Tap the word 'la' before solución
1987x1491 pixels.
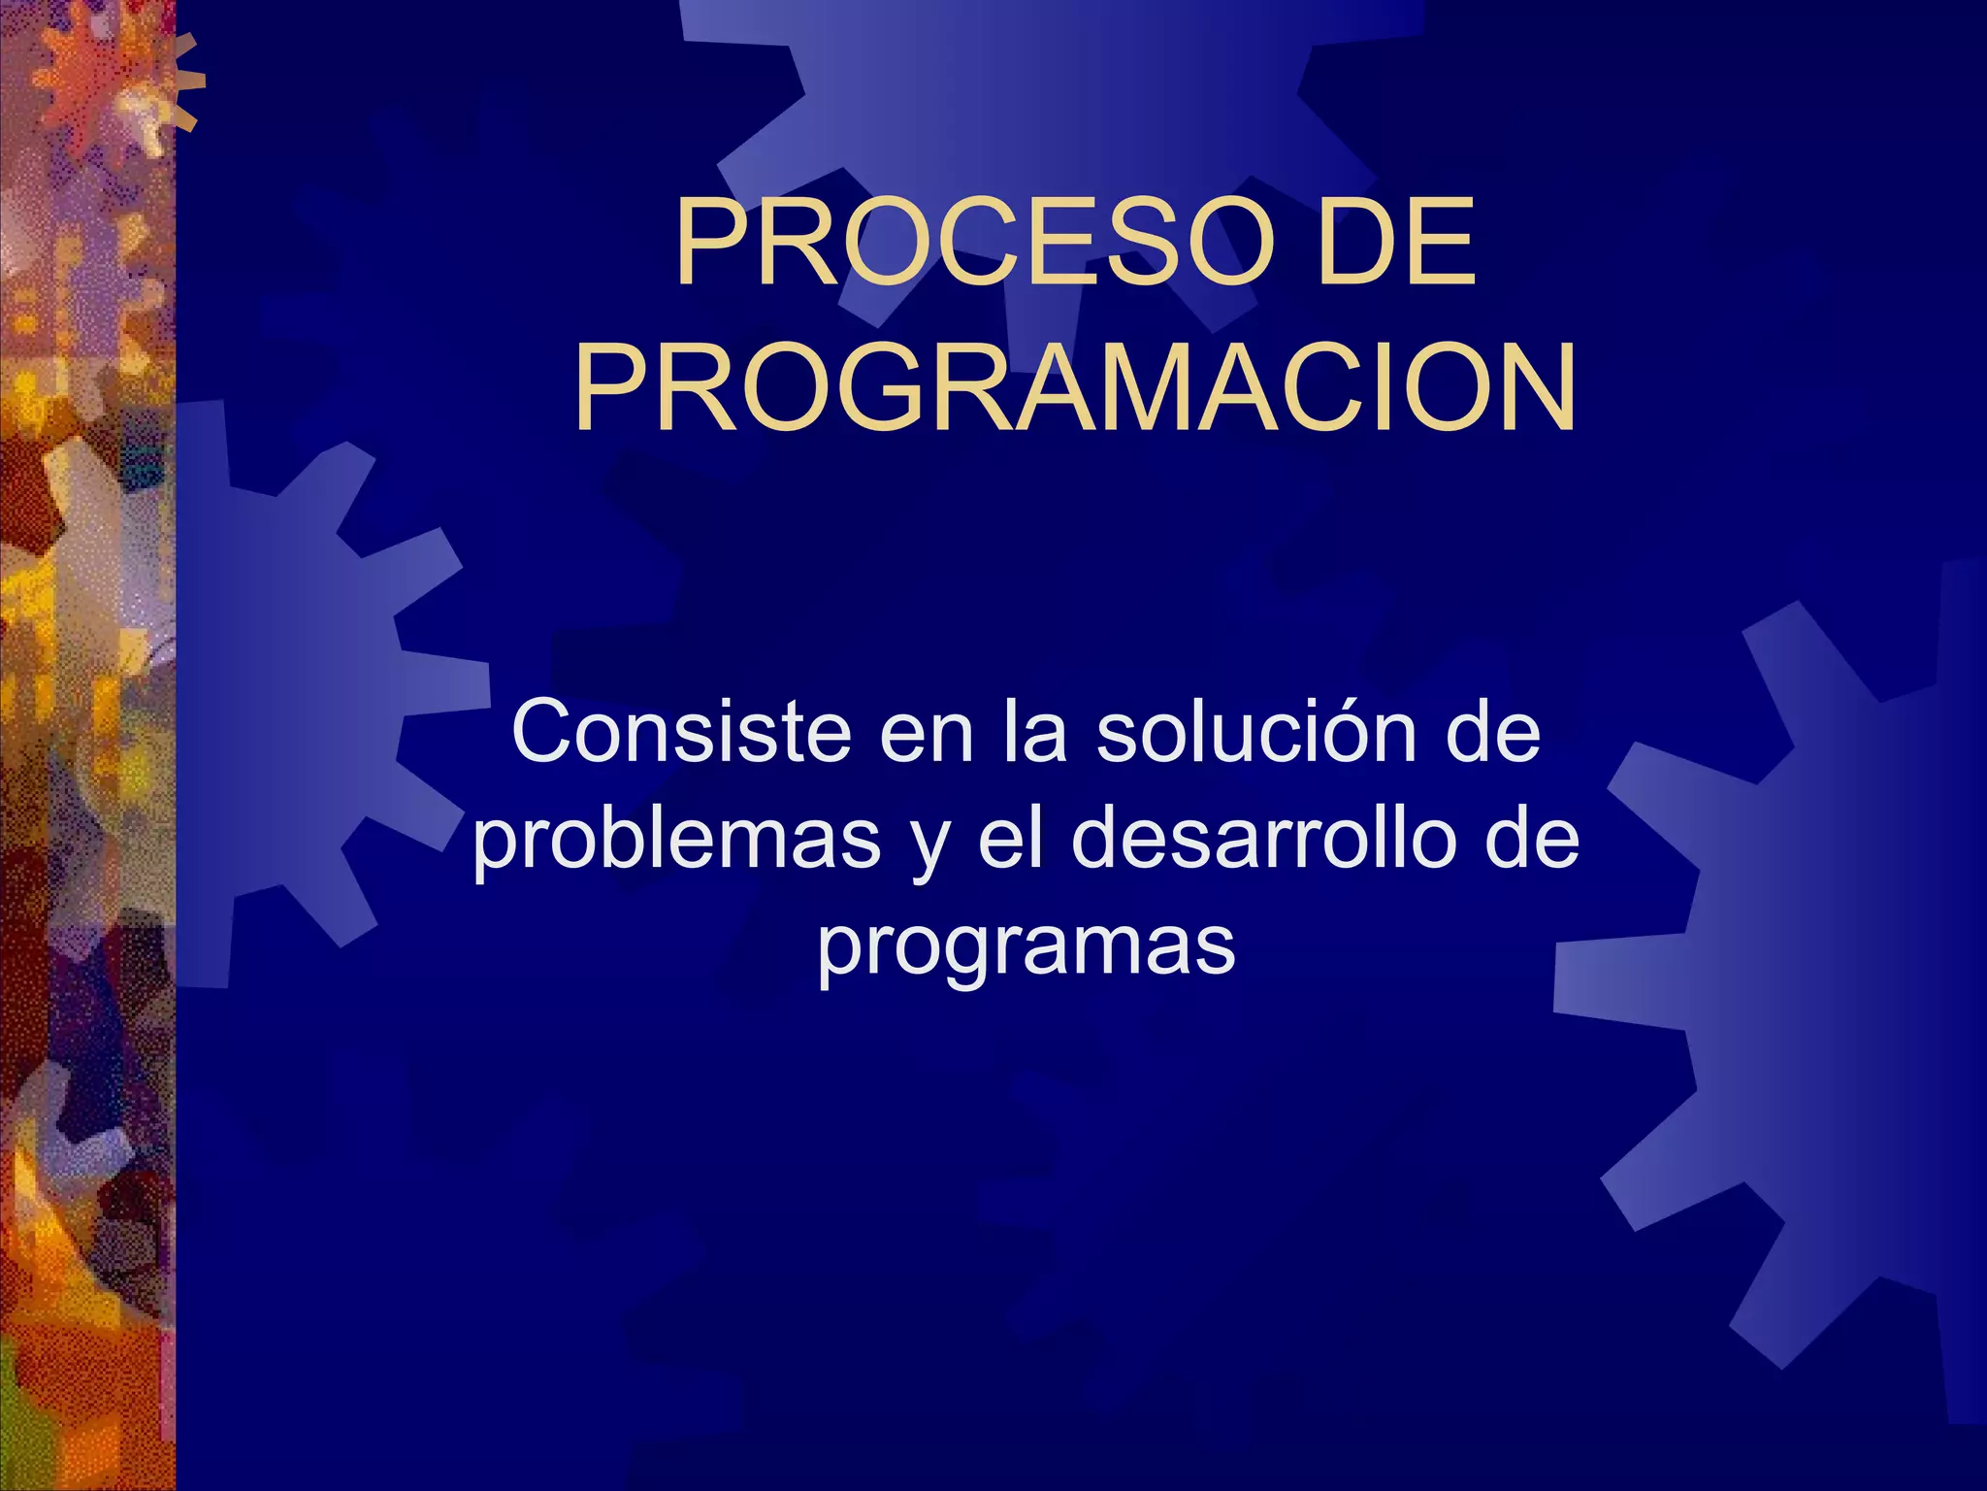(1034, 732)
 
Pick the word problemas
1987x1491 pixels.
(676, 841)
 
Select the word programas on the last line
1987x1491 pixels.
(1026, 947)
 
